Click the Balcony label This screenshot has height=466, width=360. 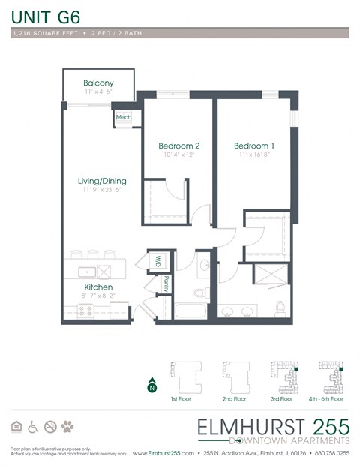[x=98, y=83]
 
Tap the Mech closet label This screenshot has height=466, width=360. [x=123, y=118]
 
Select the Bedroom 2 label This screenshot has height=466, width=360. [x=178, y=146]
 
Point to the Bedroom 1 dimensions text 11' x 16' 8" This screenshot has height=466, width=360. [x=253, y=155]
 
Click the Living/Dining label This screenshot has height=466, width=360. [x=102, y=181]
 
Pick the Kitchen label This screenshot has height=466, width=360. [x=98, y=287]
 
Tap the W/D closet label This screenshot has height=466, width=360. [x=158, y=261]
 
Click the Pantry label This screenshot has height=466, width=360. [x=165, y=284]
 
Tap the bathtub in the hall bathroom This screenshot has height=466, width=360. [x=193, y=311]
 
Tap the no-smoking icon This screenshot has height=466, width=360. [x=50, y=427]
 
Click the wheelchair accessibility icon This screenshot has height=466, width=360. [x=33, y=427]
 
